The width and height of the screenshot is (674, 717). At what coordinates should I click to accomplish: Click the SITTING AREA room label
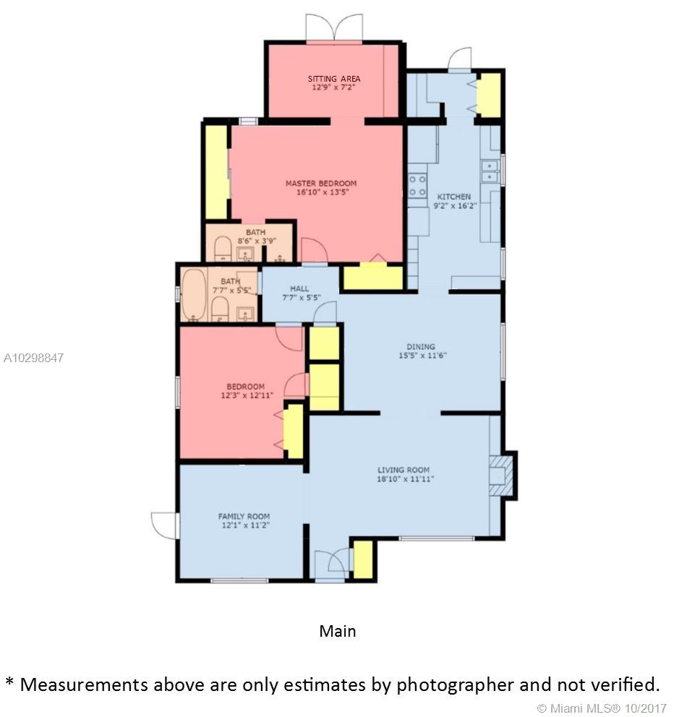(x=334, y=79)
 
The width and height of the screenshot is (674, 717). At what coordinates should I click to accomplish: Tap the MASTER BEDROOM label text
(x=321, y=184)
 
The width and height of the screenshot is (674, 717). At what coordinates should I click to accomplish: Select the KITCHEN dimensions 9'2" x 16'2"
(x=456, y=206)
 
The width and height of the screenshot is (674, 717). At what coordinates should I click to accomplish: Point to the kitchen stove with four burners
(x=417, y=186)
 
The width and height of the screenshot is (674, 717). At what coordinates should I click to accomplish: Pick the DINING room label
(x=421, y=347)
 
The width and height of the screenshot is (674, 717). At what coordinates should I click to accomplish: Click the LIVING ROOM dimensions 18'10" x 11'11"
(x=406, y=479)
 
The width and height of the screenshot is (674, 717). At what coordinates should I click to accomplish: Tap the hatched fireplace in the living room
(x=500, y=476)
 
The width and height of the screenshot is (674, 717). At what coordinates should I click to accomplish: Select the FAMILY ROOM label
(x=244, y=516)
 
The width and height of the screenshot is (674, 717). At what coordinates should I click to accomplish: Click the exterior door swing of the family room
(x=164, y=525)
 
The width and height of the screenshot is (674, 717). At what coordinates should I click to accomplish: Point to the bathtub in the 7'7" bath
(x=194, y=294)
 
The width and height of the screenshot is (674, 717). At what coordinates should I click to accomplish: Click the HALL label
(x=299, y=288)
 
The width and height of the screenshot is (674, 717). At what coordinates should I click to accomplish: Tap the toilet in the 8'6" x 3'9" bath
(x=223, y=249)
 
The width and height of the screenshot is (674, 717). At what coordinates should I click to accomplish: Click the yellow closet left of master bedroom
(x=216, y=173)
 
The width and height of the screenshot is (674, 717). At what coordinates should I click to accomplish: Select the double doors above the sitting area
(x=335, y=27)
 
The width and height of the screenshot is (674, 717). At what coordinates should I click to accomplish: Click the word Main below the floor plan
(x=338, y=631)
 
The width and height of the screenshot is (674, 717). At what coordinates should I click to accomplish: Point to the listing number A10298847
(x=33, y=358)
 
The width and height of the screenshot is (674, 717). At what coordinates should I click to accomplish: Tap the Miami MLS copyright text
(x=602, y=708)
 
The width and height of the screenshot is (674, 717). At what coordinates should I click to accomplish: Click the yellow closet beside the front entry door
(x=364, y=559)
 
